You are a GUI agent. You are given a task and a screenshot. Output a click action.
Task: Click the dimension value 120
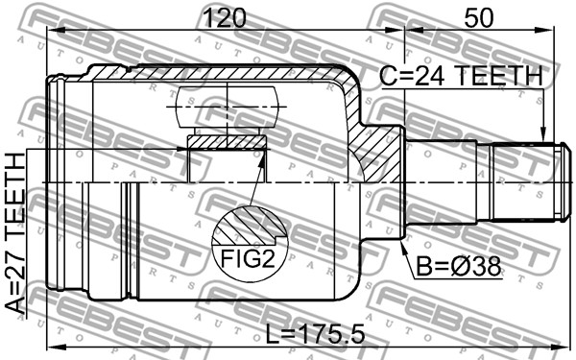[x=224, y=17]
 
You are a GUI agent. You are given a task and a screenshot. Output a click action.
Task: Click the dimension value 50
[x=478, y=17]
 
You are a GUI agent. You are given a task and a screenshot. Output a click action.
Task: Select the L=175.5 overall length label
[x=315, y=334]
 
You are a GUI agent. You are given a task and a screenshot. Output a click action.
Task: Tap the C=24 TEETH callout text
[x=461, y=76]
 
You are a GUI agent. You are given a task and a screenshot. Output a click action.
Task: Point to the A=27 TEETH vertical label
[x=15, y=233]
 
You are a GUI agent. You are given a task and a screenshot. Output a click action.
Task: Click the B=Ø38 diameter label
[x=459, y=267]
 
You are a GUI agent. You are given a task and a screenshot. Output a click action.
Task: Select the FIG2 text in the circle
[x=248, y=258]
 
